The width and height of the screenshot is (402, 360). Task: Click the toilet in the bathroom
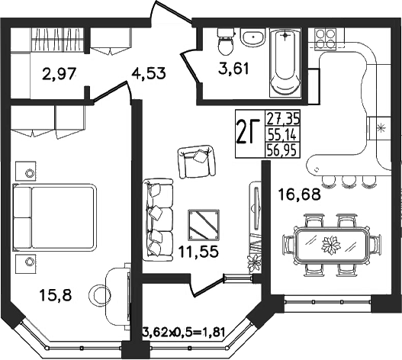226,42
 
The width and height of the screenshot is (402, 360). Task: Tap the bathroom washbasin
253,37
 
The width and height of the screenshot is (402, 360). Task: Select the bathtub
285,63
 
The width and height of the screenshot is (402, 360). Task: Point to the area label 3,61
233,69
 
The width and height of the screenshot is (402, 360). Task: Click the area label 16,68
300,194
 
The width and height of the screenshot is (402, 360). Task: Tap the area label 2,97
59,75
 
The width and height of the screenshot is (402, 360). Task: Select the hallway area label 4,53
149,73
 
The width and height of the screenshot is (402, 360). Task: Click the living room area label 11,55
199,251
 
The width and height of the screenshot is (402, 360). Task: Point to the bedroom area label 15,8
56,295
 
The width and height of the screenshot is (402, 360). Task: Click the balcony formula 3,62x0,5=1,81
184,333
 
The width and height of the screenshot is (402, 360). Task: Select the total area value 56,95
282,149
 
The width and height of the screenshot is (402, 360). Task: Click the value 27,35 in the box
283,119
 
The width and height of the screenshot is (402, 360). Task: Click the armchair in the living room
196,162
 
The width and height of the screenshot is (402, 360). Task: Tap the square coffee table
204,225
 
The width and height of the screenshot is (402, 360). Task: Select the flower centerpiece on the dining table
331,246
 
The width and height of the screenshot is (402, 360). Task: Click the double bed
55,217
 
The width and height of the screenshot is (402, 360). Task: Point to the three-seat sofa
158,220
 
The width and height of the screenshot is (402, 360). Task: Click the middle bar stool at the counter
348,182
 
